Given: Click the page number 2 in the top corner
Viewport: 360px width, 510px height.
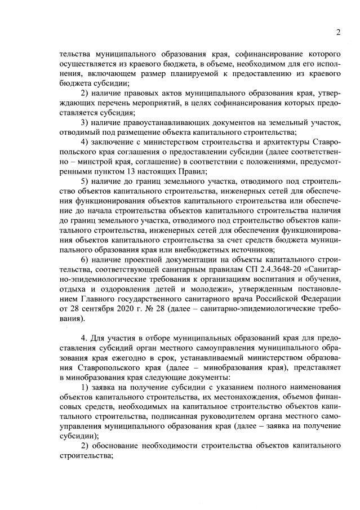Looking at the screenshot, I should [338, 32].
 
